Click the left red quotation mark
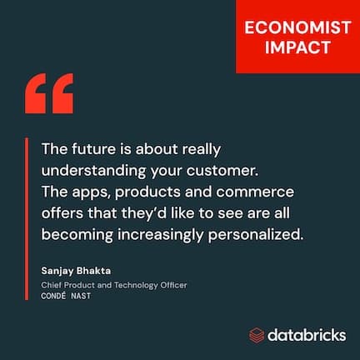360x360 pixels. [38, 93]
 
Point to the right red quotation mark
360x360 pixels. [62, 93]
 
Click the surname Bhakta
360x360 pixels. [102, 272]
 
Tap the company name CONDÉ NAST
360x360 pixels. [69, 296]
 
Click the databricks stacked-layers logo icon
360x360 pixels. [257, 335]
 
